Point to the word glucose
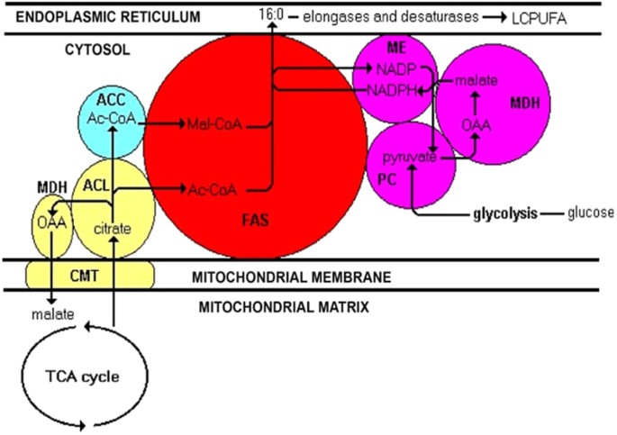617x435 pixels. point(589,213)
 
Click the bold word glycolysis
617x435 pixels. point(505,213)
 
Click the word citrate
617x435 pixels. point(113,229)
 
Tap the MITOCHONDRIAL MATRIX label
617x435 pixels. point(282,306)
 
